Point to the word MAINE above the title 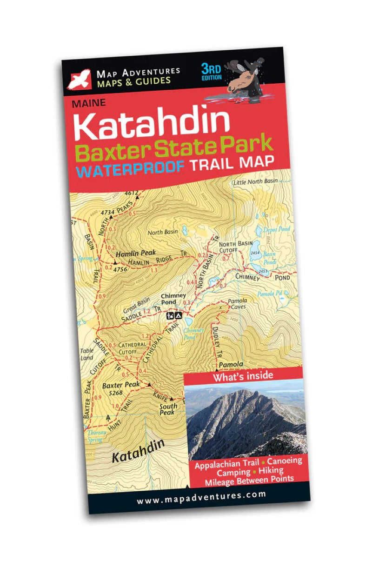tap(89, 103)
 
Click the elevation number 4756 tap(120, 269)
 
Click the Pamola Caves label tap(237, 304)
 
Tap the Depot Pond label tap(277, 229)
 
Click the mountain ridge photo tap(246, 421)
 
